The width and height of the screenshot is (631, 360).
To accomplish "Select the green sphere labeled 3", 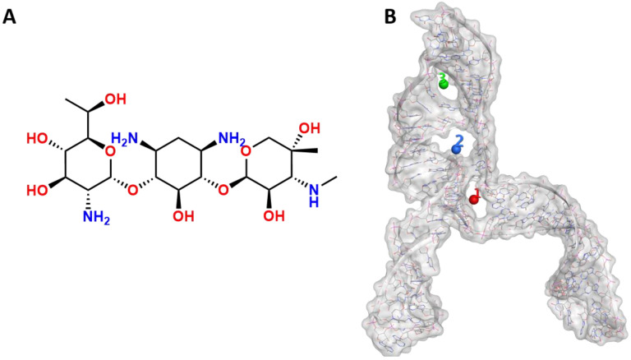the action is tap(444, 83).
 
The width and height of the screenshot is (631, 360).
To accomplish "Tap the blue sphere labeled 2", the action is tap(457, 149).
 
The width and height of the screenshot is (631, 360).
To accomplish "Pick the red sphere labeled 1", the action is tap(474, 199).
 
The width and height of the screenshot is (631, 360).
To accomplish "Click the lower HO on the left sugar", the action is tap(37, 190).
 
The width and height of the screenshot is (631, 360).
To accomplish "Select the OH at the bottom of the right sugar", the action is tap(273, 219).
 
